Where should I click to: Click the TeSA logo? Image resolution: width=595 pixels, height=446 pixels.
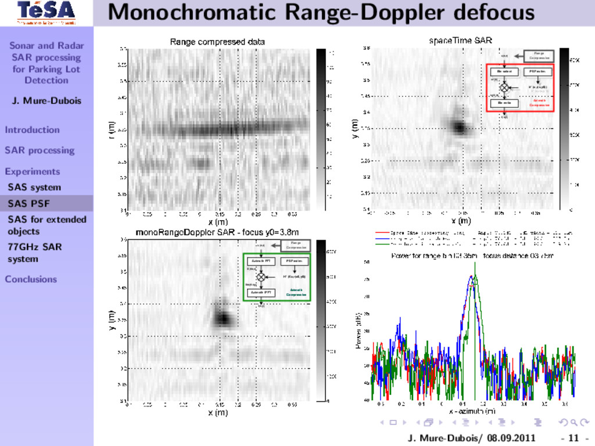pyautogui.click(x=46, y=12)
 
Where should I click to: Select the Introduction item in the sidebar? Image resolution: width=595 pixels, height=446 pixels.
pyautogui.click(x=33, y=130)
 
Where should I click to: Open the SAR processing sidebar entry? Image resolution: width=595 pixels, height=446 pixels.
pyautogui.click(x=40, y=150)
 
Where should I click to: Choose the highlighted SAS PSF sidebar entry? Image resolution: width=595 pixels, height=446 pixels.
pyautogui.click(x=28, y=203)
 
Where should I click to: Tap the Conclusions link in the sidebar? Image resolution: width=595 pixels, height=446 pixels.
pyautogui.click(x=31, y=279)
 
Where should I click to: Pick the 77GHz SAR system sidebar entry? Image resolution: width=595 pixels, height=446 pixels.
pyautogui.click(x=34, y=253)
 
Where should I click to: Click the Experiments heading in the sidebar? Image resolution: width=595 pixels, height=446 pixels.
pyautogui.click(x=33, y=171)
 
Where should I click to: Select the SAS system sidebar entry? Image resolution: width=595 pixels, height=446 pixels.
pyautogui.click(x=34, y=187)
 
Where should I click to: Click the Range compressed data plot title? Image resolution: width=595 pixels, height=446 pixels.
pyautogui.click(x=217, y=42)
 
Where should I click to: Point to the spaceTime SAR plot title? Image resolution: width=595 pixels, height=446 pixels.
pyautogui.click(x=460, y=41)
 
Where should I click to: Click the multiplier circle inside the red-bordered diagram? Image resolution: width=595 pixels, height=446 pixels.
pyautogui.click(x=504, y=87)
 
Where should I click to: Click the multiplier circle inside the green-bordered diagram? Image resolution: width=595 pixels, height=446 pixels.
pyautogui.click(x=261, y=277)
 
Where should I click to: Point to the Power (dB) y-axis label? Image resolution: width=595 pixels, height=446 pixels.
pyautogui.click(x=359, y=332)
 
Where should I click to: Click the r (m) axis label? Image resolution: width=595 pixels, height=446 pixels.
pyautogui.click(x=112, y=130)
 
